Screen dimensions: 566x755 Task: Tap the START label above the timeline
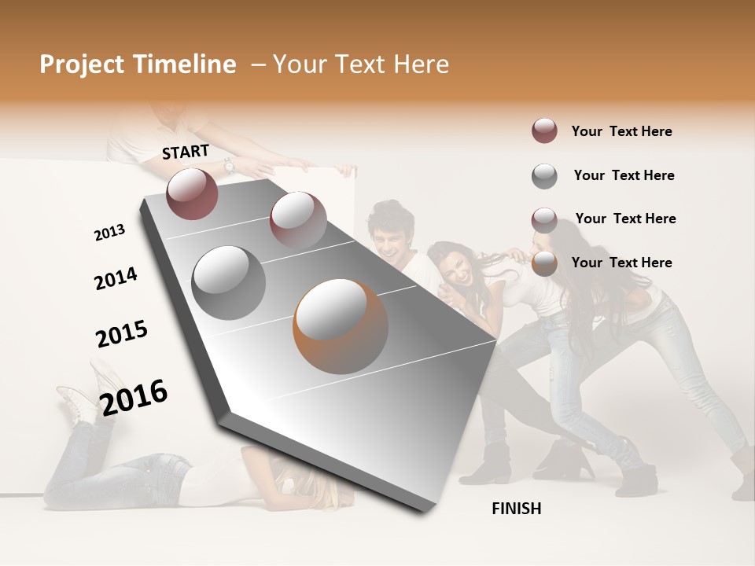(x=186, y=152)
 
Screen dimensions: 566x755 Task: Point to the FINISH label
(x=516, y=509)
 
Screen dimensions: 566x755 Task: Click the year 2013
(x=109, y=233)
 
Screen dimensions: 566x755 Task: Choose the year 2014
(x=116, y=278)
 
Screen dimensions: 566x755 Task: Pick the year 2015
(x=122, y=333)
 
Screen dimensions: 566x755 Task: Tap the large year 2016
(x=134, y=397)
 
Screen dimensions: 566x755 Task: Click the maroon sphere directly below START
(x=192, y=193)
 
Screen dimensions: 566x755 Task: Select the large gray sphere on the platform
(x=228, y=282)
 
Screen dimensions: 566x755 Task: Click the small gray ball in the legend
(x=544, y=176)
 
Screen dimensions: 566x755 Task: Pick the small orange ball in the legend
(x=544, y=263)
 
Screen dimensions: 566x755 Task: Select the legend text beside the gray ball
(x=624, y=175)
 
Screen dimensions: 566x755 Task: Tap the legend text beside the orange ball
(x=621, y=263)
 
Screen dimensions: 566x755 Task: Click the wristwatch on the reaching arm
(x=228, y=166)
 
